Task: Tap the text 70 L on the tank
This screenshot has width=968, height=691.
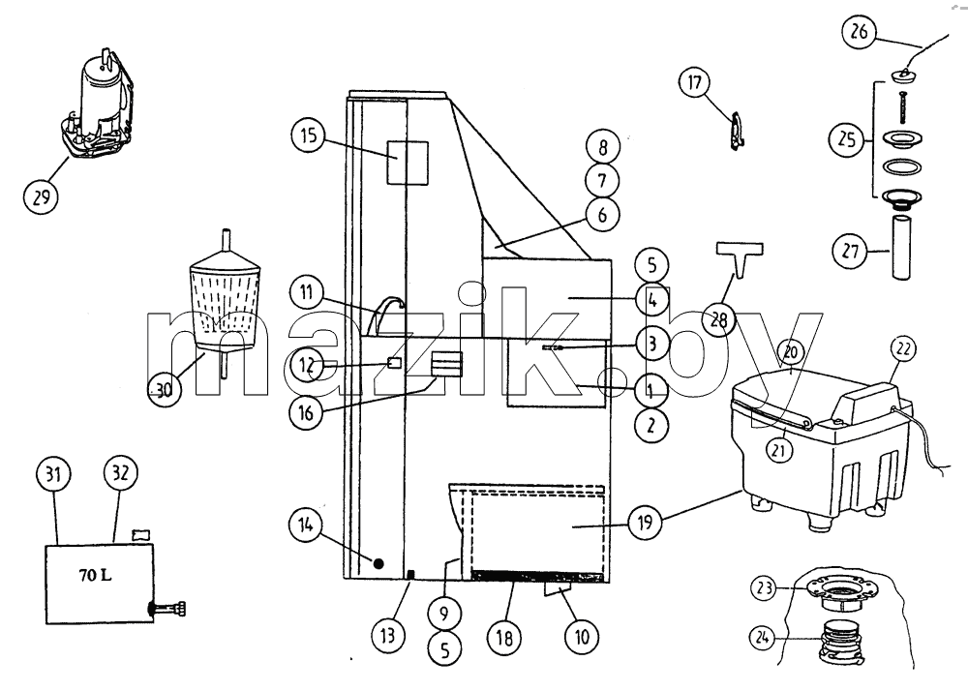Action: [95, 575]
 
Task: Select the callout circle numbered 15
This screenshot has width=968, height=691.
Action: [309, 135]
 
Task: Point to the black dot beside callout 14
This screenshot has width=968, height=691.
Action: [378, 562]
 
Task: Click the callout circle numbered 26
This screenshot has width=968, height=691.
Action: [859, 31]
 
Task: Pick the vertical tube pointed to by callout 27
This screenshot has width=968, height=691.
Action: [902, 245]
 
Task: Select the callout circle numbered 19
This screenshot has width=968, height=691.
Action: [645, 522]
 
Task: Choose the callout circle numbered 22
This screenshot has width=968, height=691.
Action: [903, 348]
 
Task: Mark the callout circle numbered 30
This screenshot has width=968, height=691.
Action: [165, 390]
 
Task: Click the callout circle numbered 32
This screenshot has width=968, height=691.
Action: [120, 473]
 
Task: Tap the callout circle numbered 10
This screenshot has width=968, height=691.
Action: [582, 636]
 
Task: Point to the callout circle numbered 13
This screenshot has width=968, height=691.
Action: [388, 635]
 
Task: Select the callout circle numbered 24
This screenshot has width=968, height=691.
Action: [762, 638]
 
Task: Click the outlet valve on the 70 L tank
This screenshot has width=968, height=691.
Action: [167, 609]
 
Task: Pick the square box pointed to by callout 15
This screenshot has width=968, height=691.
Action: [408, 163]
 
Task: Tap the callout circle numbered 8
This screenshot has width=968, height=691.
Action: [602, 147]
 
